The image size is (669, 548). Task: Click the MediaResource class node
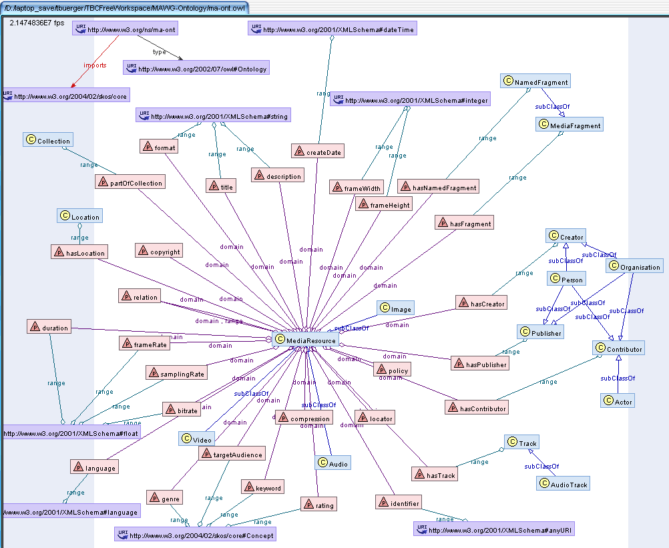point(306,340)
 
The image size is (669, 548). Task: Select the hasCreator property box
point(481,303)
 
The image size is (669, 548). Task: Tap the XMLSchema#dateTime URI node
point(332,29)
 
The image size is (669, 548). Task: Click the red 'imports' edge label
point(95,65)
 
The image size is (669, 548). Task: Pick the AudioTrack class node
point(564,484)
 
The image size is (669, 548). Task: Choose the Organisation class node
point(634,266)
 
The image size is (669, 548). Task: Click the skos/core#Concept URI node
point(194,535)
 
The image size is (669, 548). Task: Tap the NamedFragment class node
point(535,82)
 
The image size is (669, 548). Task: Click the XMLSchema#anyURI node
point(494,530)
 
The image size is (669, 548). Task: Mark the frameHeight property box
point(383,205)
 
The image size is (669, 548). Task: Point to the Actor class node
point(618,400)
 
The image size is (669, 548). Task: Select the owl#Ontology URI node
point(196,68)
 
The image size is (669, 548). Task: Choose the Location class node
point(79,216)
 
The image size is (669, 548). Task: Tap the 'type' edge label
point(159,51)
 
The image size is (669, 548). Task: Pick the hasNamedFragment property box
point(438,188)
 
